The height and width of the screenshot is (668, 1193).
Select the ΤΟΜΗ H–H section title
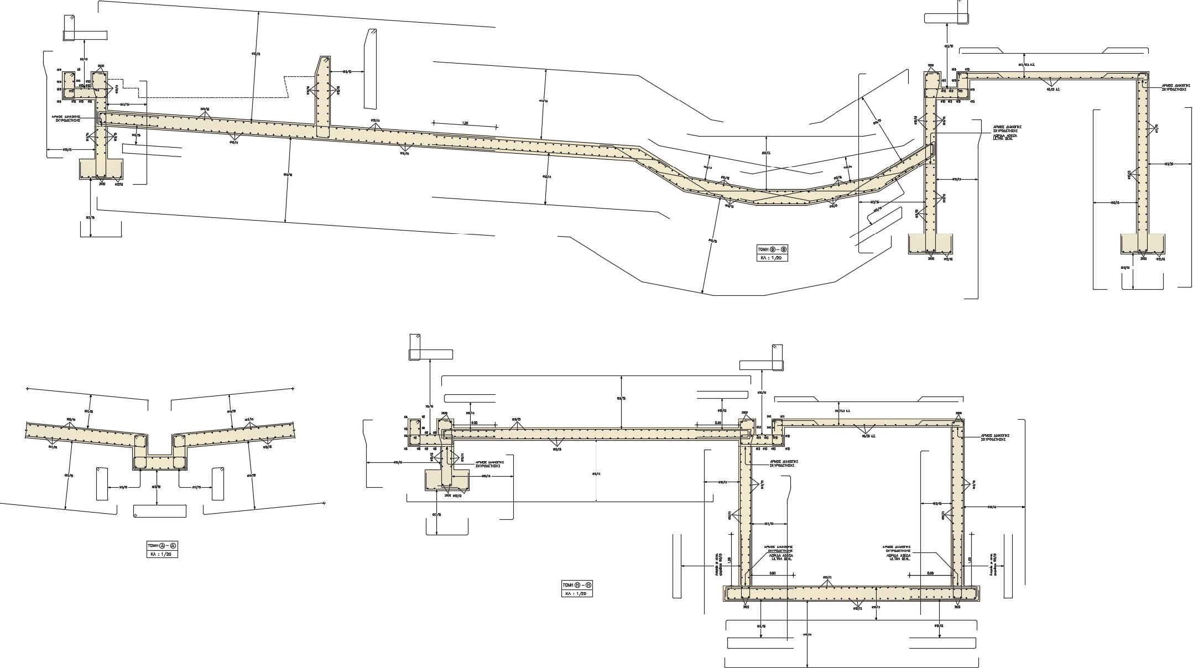[x=577, y=585]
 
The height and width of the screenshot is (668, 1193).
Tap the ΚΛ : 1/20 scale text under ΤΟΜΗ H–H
[x=577, y=593]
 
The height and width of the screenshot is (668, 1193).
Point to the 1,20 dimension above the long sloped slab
[x=465, y=123]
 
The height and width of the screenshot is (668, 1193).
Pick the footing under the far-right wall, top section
[x=1143, y=244]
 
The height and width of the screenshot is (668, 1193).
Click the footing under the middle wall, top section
[x=931, y=244]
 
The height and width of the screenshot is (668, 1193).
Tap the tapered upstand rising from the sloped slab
[x=323, y=97]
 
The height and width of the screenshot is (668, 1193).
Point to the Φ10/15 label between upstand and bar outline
[x=347, y=71]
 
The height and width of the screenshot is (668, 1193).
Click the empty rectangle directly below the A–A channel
[x=160, y=510]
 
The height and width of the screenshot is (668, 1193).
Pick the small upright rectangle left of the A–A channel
[x=102, y=484]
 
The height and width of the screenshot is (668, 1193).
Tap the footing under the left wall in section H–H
[x=446, y=480]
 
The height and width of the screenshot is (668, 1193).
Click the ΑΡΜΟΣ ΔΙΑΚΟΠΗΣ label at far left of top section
[x=71, y=118]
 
